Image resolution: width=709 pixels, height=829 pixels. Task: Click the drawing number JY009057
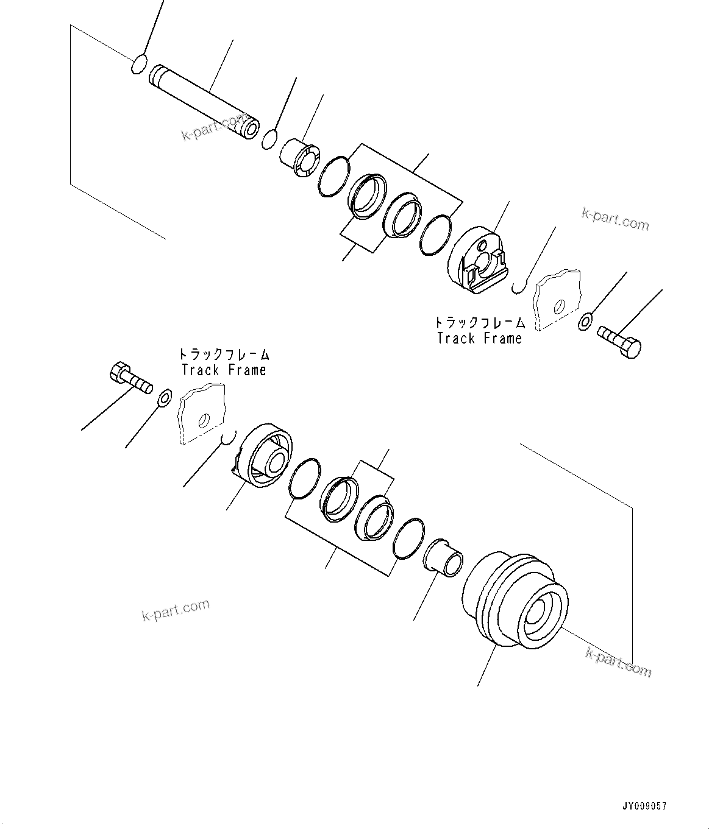pos(644,806)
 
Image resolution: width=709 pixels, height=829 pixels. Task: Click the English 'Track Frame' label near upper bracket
pos(480,338)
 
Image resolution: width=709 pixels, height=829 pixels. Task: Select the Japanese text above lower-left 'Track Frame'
pos(224,355)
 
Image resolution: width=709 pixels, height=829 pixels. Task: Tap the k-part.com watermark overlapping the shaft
pos(213,127)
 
